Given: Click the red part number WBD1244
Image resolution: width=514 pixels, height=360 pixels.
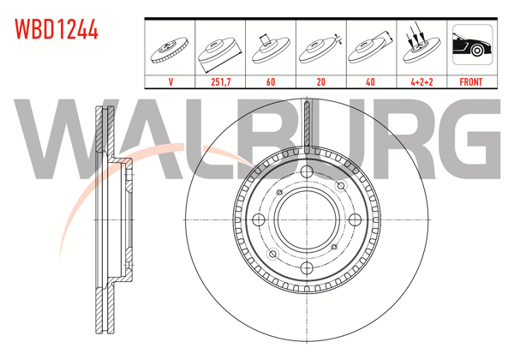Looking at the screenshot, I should click(57, 31).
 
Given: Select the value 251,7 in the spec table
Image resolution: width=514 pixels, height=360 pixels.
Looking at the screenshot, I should click(221, 82).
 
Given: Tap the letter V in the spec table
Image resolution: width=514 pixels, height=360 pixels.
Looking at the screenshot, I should click(171, 82).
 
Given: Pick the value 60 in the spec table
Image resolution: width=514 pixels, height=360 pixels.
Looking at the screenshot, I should click(271, 82).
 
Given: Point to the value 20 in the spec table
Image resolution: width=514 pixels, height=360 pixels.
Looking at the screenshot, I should click(320, 82).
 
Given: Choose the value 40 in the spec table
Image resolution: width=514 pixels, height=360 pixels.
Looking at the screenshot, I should click(370, 82).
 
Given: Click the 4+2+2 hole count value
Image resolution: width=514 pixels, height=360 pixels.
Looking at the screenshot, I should click(420, 82).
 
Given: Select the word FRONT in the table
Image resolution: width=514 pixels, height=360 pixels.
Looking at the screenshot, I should click(470, 82).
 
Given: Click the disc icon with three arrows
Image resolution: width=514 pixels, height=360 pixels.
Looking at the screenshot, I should click(420, 48).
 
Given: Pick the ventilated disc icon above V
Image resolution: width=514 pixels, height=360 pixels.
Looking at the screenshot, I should click(171, 50).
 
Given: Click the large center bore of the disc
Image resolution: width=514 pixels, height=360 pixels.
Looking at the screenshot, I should click(306, 219).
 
